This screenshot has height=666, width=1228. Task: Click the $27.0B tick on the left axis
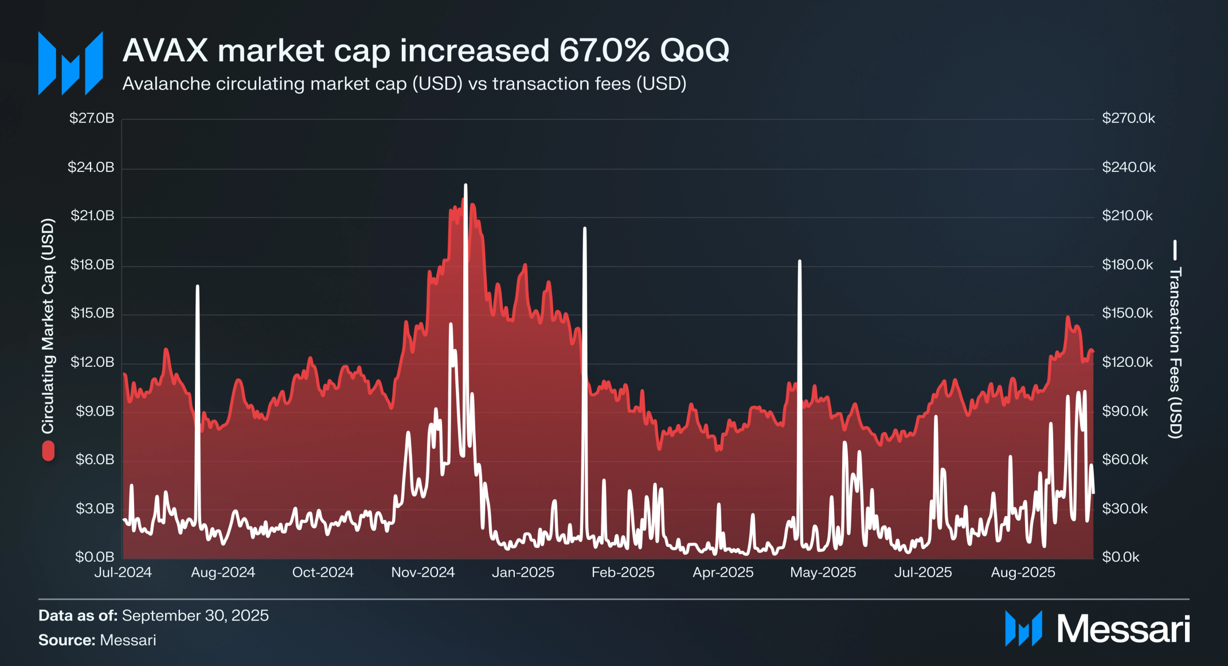coord(92,118)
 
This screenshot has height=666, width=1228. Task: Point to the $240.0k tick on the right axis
coord(1128,167)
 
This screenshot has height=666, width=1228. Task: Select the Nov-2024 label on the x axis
coord(423,572)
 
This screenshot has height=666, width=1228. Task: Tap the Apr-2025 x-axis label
coord(722,572)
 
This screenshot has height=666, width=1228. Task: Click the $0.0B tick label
coord(95,557)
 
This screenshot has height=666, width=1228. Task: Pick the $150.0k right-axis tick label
coord(1127,313)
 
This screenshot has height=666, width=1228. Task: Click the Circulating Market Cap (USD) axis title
coord(48,326)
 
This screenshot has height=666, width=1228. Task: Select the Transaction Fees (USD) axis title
coord(1175,352)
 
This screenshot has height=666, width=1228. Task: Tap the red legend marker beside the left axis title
coord(48,451)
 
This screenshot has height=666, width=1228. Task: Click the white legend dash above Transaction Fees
coord(1175,249)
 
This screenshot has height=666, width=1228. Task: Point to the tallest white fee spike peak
coord(466,186)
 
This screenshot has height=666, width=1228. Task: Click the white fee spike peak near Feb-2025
coord(585,229)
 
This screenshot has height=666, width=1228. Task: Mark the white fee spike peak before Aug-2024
coord(197,286)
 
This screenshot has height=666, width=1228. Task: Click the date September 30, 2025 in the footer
coord(195,615)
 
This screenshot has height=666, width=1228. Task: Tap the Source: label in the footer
coord(67,640)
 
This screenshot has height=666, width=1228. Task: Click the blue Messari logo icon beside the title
coord(71,63)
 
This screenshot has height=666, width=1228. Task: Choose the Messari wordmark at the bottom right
coord(1123,629)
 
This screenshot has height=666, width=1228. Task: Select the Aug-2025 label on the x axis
coord(1023,572)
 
